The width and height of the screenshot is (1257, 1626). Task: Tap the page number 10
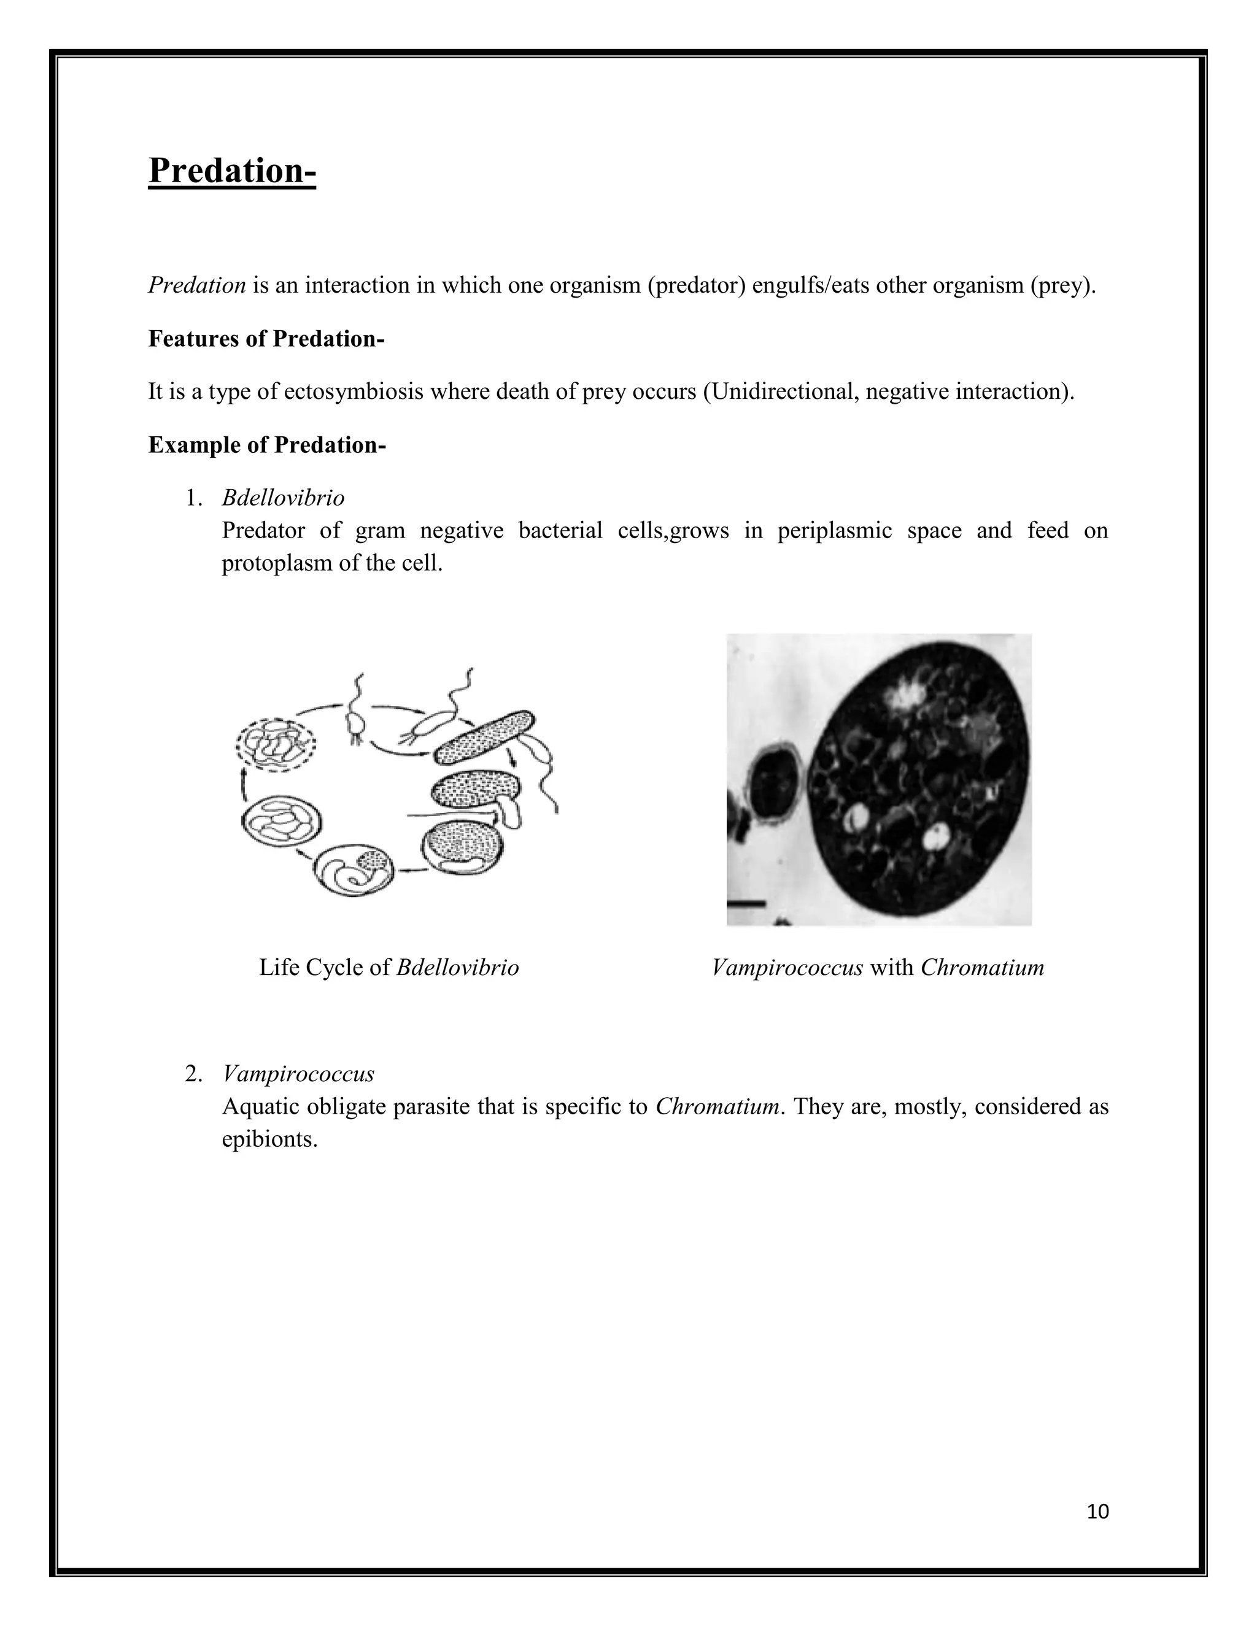pos(1097,1511)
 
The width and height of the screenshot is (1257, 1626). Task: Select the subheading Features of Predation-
pos(266,339)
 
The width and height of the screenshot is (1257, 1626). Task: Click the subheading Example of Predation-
pos(266,445)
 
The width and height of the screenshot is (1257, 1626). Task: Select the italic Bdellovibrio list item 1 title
pos(283,498)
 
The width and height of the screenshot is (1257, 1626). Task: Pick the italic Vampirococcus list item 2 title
pos(298,1074)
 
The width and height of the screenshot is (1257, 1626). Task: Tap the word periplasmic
pos(834,531)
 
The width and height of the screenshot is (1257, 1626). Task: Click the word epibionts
pos(269,1139)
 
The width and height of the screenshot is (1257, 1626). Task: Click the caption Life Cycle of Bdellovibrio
pos(389,968)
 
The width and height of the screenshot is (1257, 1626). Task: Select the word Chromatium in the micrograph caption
pos(981,968)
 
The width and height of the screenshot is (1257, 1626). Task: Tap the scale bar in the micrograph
pos(747,904)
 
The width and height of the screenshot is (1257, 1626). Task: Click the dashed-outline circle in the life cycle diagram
pos(276,744)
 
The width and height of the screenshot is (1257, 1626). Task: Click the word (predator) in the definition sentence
pos(696,285)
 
